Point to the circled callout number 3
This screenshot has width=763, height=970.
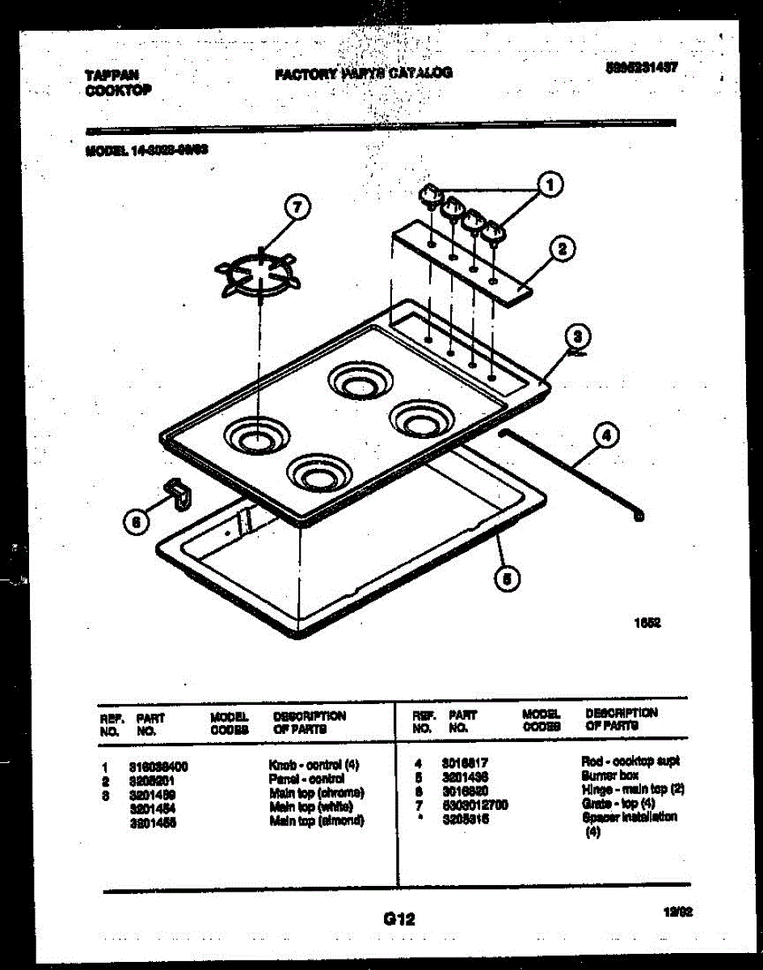click(x=577, y=335)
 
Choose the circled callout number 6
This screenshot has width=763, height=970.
click(x=137, y=523)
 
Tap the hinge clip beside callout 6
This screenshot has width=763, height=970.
click(x=176, y=491)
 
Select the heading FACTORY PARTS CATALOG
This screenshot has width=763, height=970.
click(x=364, y=73)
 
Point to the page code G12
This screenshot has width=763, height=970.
click(x=398, y=918)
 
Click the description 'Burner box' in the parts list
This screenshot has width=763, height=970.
click(x=609, y=775)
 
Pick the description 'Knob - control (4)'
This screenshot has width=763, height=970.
click(x=314, y=765)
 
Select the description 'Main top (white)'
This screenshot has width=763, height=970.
click(x=312, y=807)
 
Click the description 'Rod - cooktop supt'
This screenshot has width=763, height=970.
click(x=630, y=761)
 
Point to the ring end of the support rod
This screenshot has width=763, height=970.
click(x=639, y=514)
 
